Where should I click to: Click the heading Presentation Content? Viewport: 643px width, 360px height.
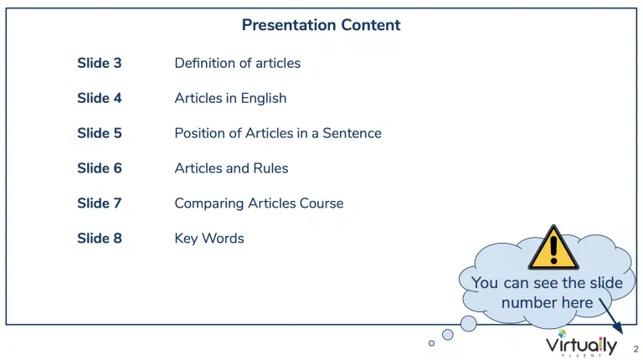(321, 25)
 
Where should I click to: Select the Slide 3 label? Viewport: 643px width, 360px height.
(100, 63)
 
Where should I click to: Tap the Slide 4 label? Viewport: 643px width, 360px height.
(100, 99)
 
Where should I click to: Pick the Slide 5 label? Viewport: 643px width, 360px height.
(100, 133)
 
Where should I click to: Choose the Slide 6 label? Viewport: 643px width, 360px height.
(100, 168)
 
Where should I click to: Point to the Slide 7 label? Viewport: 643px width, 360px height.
(100, 203)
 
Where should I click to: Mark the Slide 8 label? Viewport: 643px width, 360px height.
(100, 239)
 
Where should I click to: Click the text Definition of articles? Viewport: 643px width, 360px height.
(238, 63)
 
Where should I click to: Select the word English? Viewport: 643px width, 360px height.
(263, 99)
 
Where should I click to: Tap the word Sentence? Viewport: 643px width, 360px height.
(352, 133)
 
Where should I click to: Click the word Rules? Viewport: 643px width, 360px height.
(270, 168)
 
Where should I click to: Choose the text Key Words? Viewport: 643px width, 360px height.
(209, 239)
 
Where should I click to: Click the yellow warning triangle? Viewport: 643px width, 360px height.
(553, 248)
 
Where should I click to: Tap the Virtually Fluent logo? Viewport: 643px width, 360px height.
(581, 344)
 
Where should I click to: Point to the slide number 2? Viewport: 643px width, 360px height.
(635, 349)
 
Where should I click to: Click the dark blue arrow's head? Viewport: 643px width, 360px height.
(619, 327)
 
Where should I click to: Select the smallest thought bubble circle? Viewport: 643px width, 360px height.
(431, 343)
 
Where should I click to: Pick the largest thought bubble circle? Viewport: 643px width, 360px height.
(468, 323)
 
